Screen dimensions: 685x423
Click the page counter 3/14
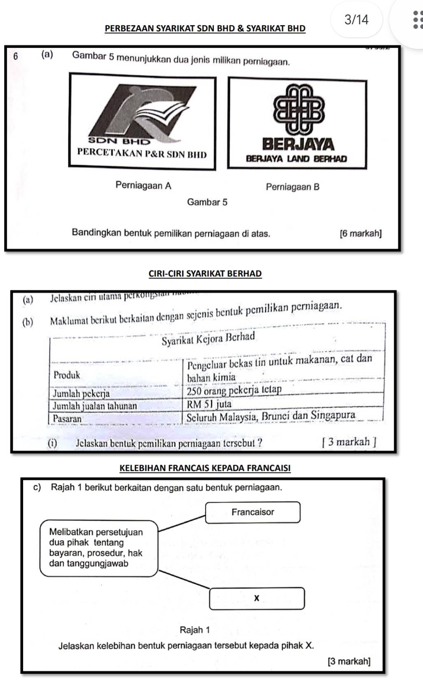pos(357,19)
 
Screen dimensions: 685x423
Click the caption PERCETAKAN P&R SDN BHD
pos(142,154)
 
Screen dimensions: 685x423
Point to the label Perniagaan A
pos(143,185)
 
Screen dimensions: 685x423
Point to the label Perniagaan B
pos(292,187)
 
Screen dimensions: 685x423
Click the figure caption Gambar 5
pos(207,202)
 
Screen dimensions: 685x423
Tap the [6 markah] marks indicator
pos(360,234)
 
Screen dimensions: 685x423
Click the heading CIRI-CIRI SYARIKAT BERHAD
pos(205,274)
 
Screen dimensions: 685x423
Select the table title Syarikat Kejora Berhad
pos(208,339)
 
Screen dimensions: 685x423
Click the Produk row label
pos(67,375)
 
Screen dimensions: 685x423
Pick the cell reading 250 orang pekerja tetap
pos(234,390)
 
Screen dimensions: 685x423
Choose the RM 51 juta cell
pos(209,404)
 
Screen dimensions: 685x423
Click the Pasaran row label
pos(67,418)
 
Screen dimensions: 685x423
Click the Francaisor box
pos(252,512)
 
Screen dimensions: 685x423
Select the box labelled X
pos(257,598)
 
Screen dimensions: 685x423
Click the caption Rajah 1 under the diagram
pos(194,630)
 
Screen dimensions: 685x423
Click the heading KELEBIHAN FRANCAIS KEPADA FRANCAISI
pos(205,468)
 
